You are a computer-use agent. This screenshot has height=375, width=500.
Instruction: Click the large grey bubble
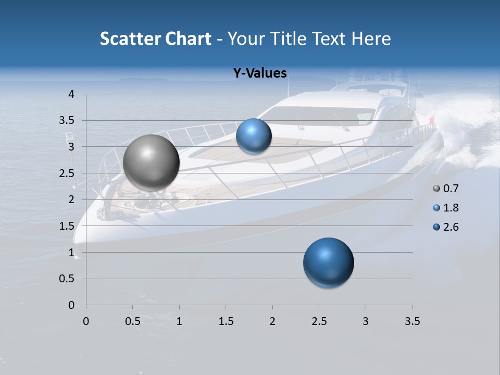click(x=152, y=162)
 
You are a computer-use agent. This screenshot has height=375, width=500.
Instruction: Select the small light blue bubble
click(x=254, y=136)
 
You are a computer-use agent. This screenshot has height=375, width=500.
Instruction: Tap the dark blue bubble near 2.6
click(x=328, y=262)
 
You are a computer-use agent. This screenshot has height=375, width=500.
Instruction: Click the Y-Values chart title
click(x=260, y=73)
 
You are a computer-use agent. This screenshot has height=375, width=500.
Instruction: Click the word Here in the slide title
click(x=371, y=39)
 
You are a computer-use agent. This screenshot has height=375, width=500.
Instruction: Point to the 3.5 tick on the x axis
click(x=412, y=321)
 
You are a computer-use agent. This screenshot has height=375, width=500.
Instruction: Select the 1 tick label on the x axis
click(x=179, y=321)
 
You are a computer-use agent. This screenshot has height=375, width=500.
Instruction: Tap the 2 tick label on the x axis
click(x=272, y=321)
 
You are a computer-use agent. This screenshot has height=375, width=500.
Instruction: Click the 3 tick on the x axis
click(x=366, y=321)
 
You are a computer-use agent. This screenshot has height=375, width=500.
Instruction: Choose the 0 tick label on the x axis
click(x=86, y=321)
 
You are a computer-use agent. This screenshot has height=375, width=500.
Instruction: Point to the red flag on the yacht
click(x=431, y=121)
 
